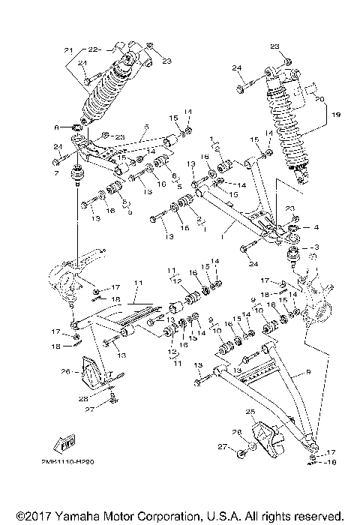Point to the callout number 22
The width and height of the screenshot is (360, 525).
click(x=94, y=50)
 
